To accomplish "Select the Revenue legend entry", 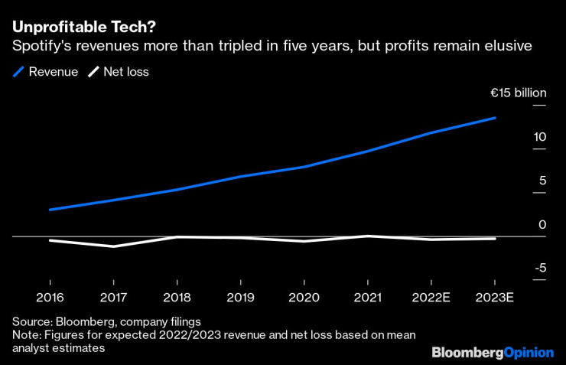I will click(x=46, y=73).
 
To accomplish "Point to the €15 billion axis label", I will click(x=518, y=93).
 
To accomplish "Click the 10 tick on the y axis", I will click(x=540, y=137).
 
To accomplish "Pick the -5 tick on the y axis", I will click(x=538, y=268).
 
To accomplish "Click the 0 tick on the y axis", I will click(x=542, y=225).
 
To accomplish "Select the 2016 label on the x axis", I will click(x=50, y=297).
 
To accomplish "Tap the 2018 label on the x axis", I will click(x=177, y=297).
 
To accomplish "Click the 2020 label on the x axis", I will click(x=304, y=297).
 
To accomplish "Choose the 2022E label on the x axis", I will click(x=431, y=297).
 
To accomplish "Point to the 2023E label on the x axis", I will click(x=495, y=297).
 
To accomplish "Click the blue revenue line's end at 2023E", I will click(x=495, y=118).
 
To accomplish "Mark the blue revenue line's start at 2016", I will click(x=50, y=209).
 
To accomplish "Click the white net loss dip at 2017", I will click(x=113, y=246).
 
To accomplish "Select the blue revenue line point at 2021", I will click(x=368, y=151).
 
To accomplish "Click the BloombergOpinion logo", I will click(x=492, y=352).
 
